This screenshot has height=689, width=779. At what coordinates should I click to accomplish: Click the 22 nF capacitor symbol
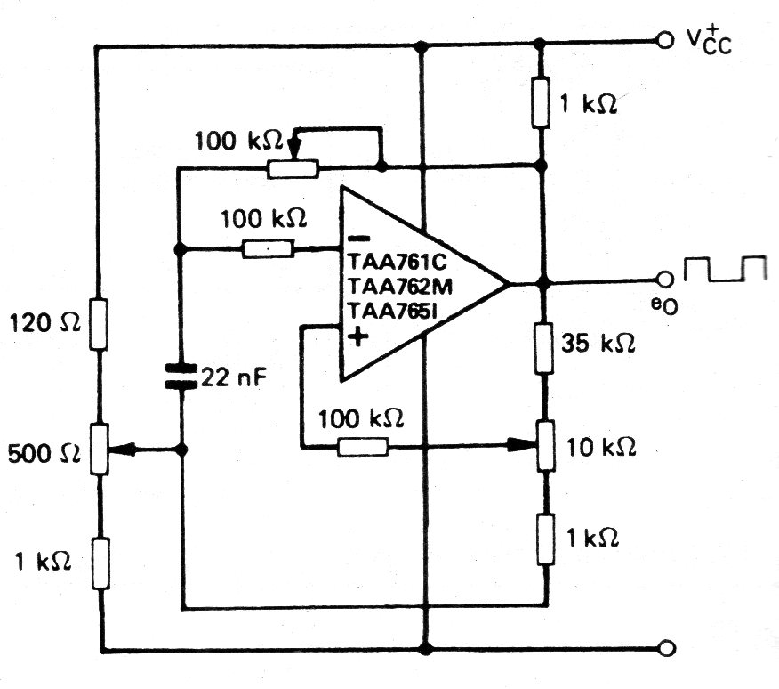tap(181, 376)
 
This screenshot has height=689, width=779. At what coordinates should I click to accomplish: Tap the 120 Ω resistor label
tap(44, 323)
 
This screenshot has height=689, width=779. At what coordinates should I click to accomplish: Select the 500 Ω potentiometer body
tap(100, 450)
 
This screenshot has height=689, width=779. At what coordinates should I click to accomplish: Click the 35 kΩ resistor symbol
tap(544, 348)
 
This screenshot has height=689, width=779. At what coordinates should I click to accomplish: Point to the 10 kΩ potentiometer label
tap(601, 447)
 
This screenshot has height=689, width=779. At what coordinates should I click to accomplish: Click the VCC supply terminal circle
tap(665, 40)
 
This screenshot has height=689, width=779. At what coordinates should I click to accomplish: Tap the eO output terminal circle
tap(665, 280)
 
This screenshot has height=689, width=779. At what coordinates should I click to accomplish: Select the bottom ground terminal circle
tap(667, 648)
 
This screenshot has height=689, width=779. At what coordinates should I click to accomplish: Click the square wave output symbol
tap(726, 269)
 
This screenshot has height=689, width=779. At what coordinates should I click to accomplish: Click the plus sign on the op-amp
tap(358, 336)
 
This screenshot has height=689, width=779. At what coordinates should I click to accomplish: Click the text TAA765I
tap(392, 311)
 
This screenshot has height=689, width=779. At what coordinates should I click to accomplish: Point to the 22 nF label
tap(234, 378)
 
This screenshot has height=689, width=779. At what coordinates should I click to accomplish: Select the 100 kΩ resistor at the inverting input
tap(269, 248)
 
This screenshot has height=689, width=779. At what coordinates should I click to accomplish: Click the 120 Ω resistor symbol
tap(99, 324)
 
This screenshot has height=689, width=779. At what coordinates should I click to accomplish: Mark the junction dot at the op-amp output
tap(544, 283)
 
